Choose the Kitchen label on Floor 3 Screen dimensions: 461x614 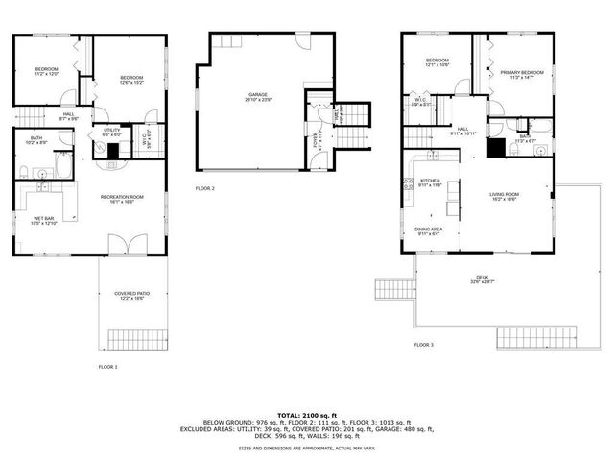pyautogui.click(x=429, y=182)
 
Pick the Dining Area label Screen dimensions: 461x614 pyautogui.click(x=429, y=229)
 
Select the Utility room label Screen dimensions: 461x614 pyautogui.click(x=111, y=132)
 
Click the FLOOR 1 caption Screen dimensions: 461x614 pyautogui.click(x=107, y=366)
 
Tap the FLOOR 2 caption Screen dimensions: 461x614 pyautogui.click(x=204, y=188)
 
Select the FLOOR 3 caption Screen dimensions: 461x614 pyautogui.click(x=423, y=344)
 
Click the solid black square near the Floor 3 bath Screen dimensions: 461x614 pyautogui.click(x=496, y=147)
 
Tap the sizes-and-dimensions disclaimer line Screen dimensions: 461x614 pyautogui.click(x=306, y=449)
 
